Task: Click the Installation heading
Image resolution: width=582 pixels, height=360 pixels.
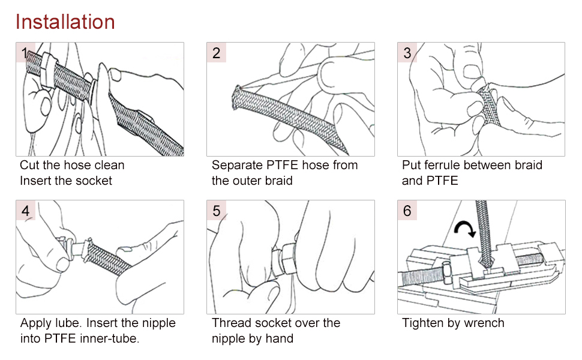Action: tap(65, 22)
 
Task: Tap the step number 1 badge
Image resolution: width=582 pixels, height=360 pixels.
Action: tap(25, 52)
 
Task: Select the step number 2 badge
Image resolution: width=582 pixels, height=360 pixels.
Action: tap(217, 52)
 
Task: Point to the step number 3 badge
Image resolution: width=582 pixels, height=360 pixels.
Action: tap(407, 52)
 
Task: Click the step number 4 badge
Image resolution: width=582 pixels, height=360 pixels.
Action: tap(25, 211)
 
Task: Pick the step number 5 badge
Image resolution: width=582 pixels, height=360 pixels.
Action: tap(217, 211)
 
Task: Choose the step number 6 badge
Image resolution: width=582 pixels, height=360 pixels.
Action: tap(407, 211)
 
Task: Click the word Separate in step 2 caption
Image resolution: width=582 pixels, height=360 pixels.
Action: tap(237, 165)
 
